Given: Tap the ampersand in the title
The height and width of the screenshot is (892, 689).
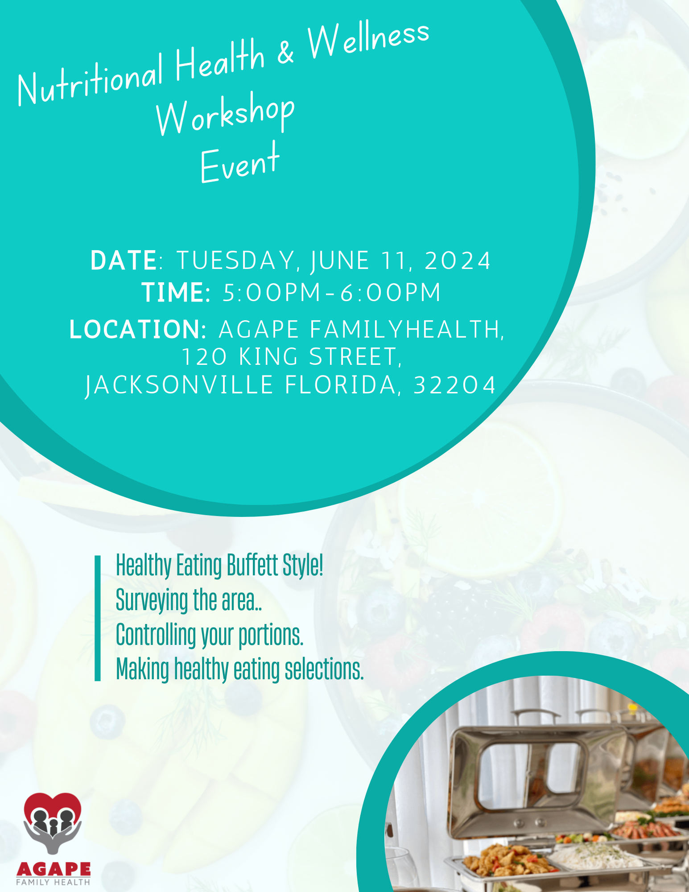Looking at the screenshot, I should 285,53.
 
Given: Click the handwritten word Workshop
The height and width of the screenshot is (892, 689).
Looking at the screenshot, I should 225,114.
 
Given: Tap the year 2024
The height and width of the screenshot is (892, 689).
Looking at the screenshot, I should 458,260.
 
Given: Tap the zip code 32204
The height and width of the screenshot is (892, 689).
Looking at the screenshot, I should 454,385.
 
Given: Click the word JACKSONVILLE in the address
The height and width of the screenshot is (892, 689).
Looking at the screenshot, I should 179,385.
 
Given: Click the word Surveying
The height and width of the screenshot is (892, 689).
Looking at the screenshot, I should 152,600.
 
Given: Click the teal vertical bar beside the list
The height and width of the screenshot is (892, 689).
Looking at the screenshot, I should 98,618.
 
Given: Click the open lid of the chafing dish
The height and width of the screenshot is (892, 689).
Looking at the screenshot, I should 535,776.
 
